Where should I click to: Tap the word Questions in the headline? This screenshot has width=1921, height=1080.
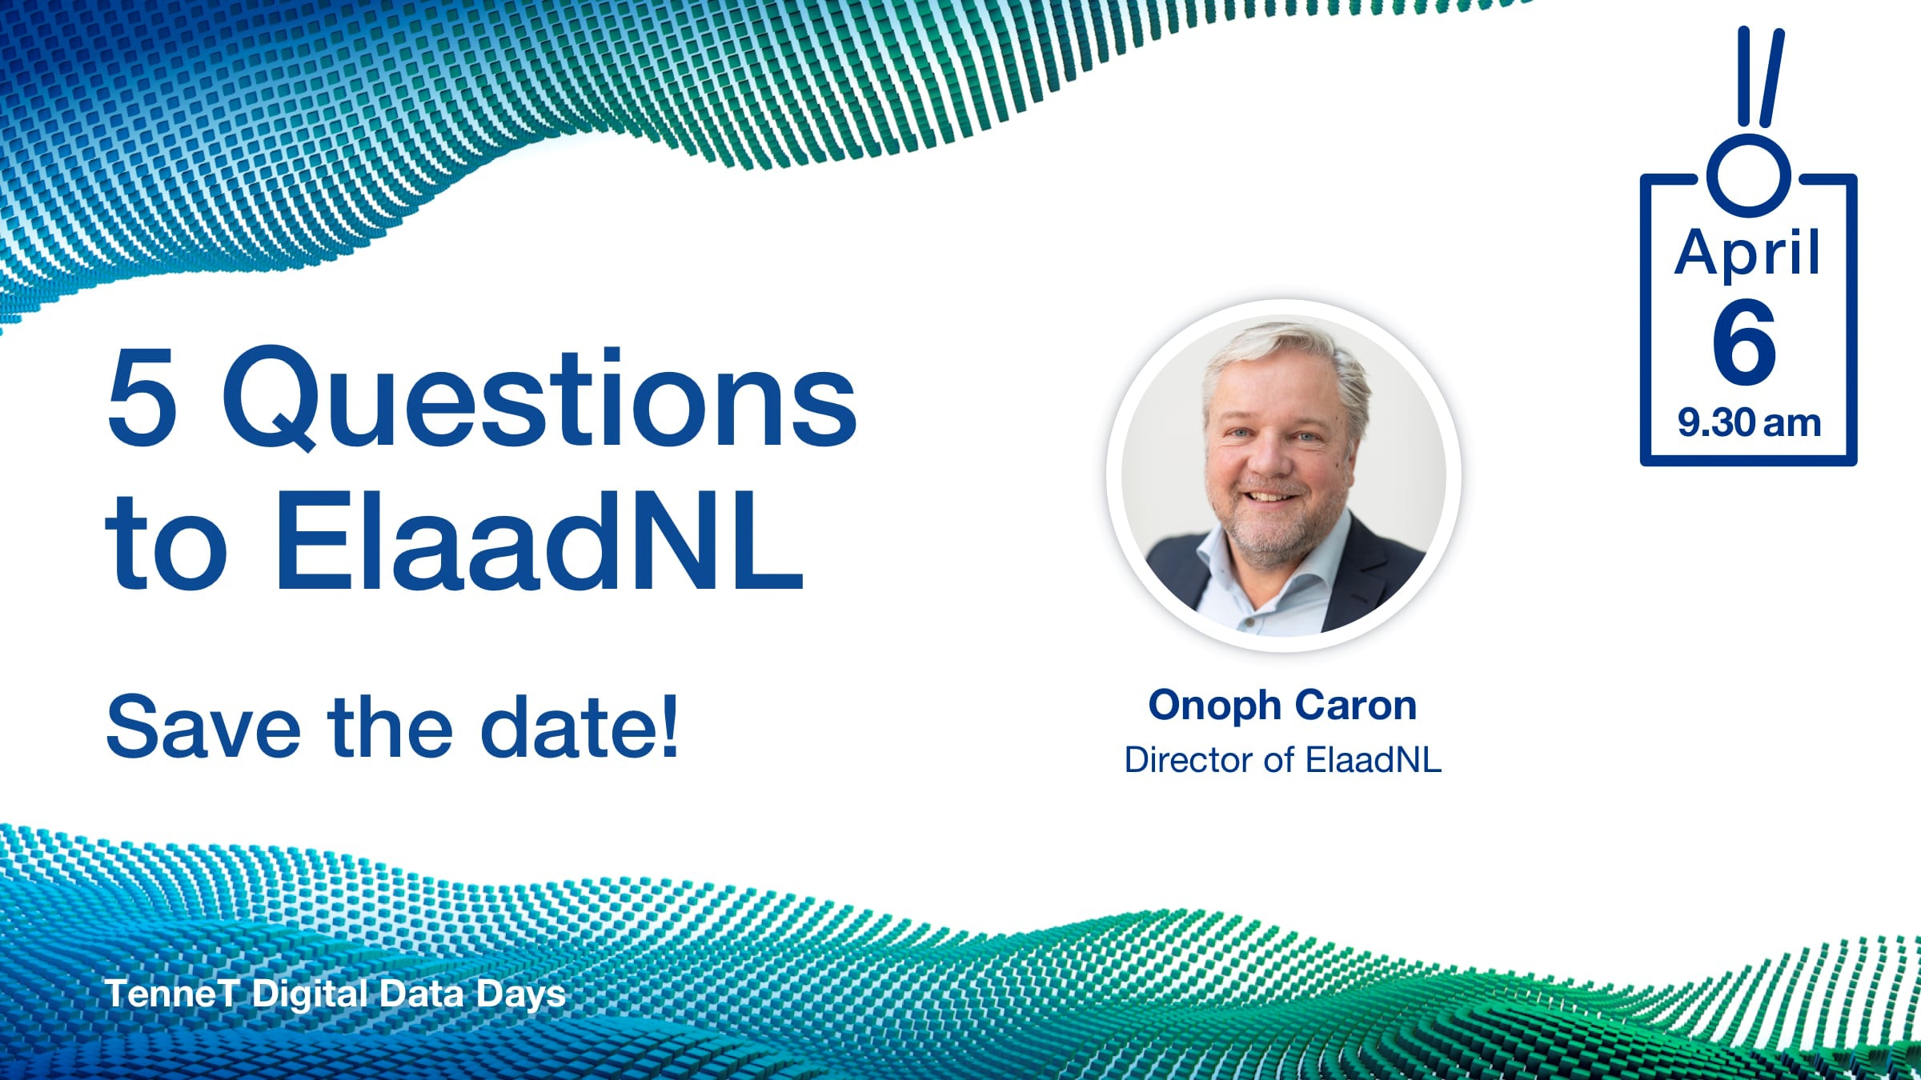pos(539,398)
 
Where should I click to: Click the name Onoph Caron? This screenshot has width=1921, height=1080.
pos(1283,706)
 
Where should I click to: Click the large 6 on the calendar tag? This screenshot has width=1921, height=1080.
pos(1744,342)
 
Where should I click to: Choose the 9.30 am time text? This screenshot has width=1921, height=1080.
pos(1749,422)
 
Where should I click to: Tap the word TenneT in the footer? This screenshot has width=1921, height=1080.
pos(172,994)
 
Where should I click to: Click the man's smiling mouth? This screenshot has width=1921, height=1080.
pos(1272,496)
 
